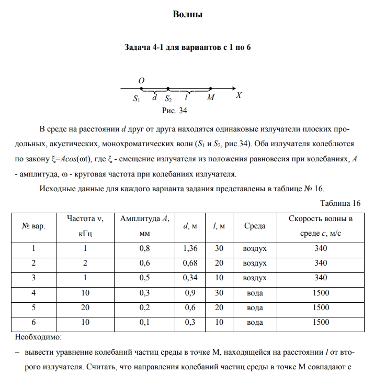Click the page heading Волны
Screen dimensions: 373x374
pos(187,14)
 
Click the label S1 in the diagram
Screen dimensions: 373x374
pos(137,98)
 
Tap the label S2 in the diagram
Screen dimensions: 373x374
pos(168,98)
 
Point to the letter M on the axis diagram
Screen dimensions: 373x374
pos(210,97)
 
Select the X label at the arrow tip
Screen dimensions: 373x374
pos(239,95)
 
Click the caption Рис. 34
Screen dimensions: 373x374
pos(175,111)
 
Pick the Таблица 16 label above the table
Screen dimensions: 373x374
pos(340,203)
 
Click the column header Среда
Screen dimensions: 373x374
pos(255,226)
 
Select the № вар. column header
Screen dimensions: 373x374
pos(33,226)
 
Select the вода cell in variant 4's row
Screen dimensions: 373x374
pos(255,293)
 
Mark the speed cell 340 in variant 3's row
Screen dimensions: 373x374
pos(321,278)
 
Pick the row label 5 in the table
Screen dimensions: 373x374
pos(33,308)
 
